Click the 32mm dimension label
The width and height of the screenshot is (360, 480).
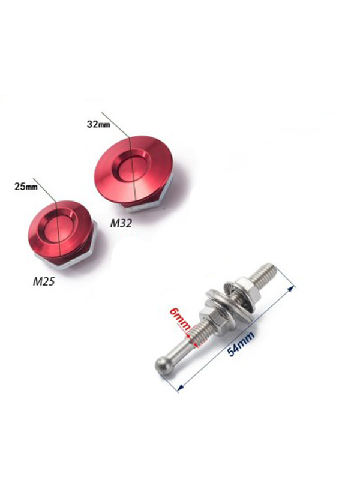pyautogui.click(x=98, y=124)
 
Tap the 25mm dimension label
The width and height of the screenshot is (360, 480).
pyautogui.click(x=26, y=186)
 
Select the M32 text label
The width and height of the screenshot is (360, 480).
pyautogui.click(x=121, y=223)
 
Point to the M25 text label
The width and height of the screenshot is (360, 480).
pyautogui.click(x=44, y=281)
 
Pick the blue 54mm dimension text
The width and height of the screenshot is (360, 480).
pyautogui.click(x=241, y=343)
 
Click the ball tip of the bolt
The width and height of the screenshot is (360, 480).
pyautogui.click(x=162, y=364)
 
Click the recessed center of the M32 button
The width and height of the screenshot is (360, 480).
pyautogui.click(x=132, y=170)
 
